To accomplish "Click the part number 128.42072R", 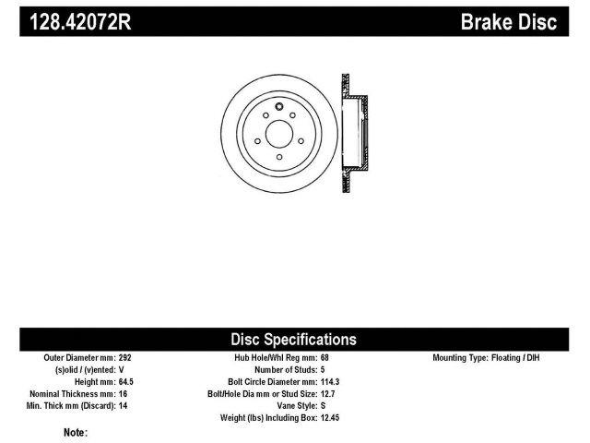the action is tap(80, 22).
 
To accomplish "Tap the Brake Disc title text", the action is tap(509, 22).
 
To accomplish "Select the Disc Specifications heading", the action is tap(293, 340).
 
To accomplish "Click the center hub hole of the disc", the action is tap(279, 134).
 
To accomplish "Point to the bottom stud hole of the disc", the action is tap(279, 157).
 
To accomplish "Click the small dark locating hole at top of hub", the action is tap(278, 107).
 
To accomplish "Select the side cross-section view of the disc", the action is tap(355, 133).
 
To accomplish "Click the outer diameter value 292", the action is tap(125, 357).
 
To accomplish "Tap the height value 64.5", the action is tap(126, 381).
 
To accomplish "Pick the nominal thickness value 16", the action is tap(123, 394).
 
